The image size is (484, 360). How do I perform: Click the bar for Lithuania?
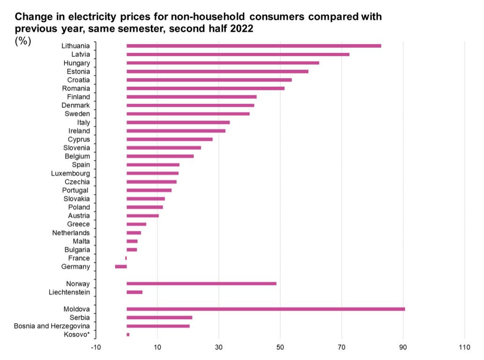pyautogui.click(x=253, y=46)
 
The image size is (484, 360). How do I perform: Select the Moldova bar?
pyautogui.click(x=266, y=309)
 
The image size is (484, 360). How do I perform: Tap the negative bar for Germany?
pyautogui.click(x=121, y=267)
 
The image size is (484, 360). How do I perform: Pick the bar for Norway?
pyautogui.click(x=201, y=284)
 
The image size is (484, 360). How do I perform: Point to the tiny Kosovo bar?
pyautogui.click(x=128, y=334)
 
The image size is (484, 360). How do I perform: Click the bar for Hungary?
pyautogui.click(x=223, y=63)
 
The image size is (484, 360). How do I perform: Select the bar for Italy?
pyautogui.click(x=178, y=122)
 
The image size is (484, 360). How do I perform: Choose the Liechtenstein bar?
pyautogui.click(x=134, y=292)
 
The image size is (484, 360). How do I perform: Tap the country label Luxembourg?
pyautogui.click(x=70, y=173)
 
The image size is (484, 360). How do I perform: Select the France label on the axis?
pyautogui.click(x=79, y=258)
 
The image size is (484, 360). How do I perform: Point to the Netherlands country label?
pyautogui.click(x=71, y=233)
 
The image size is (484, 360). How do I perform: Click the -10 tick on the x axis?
pyautogui.click(x=96, y=347)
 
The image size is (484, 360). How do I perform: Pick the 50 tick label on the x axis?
pyautogui.click(x=280, y=347)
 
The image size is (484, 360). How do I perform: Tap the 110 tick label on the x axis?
pyautogui.click(x=464, y=347)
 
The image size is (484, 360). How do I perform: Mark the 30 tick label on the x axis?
pyautogui.click(x=219, y=347)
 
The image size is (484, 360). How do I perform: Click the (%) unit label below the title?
pyautogui.click(x=23, y=41)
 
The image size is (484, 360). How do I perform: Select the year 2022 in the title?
pyautogui.click(x=242, y=29)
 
